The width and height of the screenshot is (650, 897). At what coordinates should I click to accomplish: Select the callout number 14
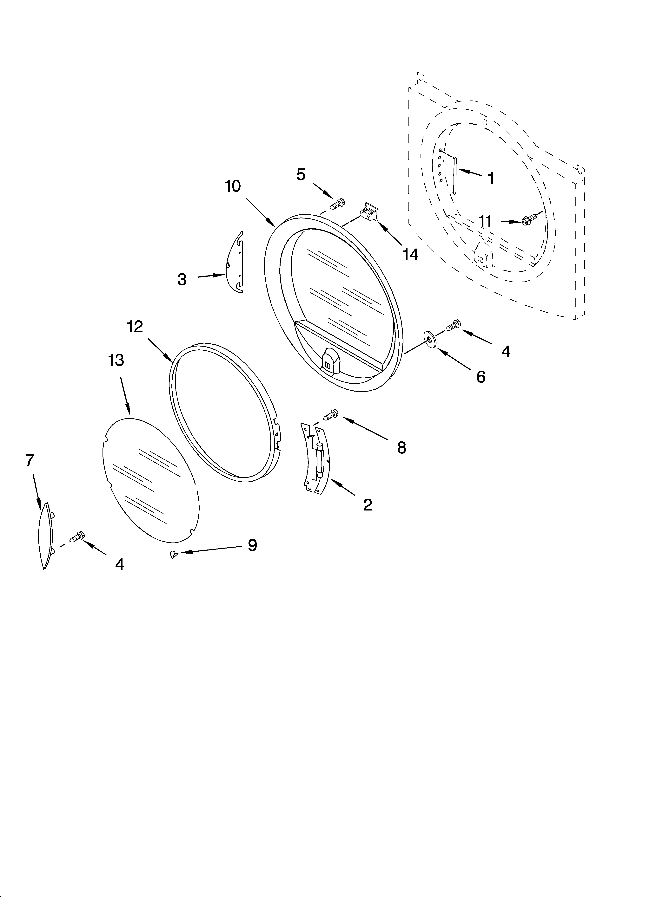410,255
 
